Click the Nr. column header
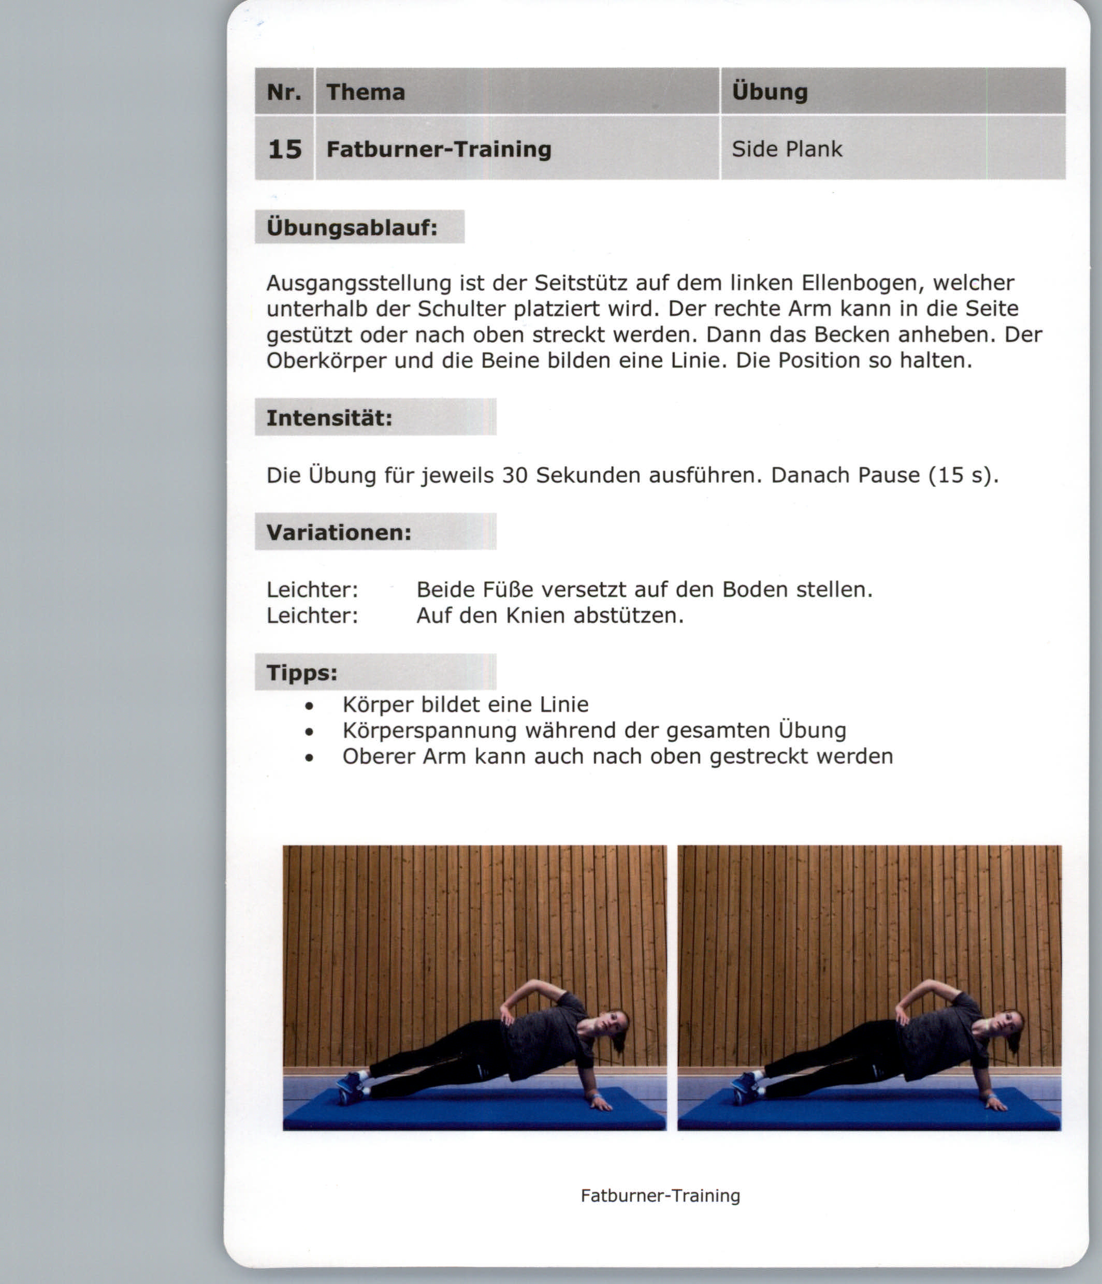[x=284, y=92]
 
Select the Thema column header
[x=366, y=92]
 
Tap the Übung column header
[x=770, y=92]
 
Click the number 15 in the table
[x=284, y=149]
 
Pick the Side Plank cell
[x=787, y=149]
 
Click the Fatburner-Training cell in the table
[x=439, y=149]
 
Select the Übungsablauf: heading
[x=352, y=227]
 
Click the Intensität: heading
[x=329, y=418]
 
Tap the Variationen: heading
[x=339, y=532]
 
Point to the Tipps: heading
[x=302, y=673]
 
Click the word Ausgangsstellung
[x=359, y=283]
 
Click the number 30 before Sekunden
[x=514, y=475]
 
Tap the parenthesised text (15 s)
[x=963, y=475]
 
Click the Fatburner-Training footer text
[x=660, y=1195]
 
